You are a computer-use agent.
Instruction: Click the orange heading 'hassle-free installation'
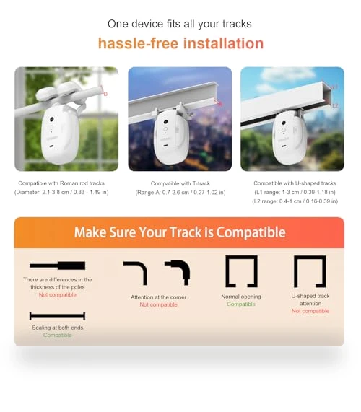pos(180,43)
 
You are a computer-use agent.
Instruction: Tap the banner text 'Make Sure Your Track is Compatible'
pos(180,232)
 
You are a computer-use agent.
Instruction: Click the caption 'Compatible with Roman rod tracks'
pos(61,183)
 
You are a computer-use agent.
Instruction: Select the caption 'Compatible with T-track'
pos(180,183)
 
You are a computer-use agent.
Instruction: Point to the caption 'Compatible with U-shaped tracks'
pos(295,183)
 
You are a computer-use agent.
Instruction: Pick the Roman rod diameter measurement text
pos(61,193)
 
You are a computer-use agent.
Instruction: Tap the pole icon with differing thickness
pos(57,266)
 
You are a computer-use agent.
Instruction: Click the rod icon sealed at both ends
pos(57,316)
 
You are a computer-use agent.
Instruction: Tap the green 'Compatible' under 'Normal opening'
pos(241,304)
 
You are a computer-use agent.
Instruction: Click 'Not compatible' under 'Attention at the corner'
pos(159,304)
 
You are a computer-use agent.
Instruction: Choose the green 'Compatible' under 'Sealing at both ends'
pos(57,336)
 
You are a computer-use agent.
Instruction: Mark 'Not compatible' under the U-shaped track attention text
pos(310,311)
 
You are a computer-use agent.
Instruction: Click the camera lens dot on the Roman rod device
pos(52,119)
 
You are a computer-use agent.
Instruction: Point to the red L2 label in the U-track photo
pos(335,105)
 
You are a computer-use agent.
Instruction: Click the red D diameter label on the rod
pos(105,94)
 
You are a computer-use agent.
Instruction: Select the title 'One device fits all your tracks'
pos(180,24)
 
